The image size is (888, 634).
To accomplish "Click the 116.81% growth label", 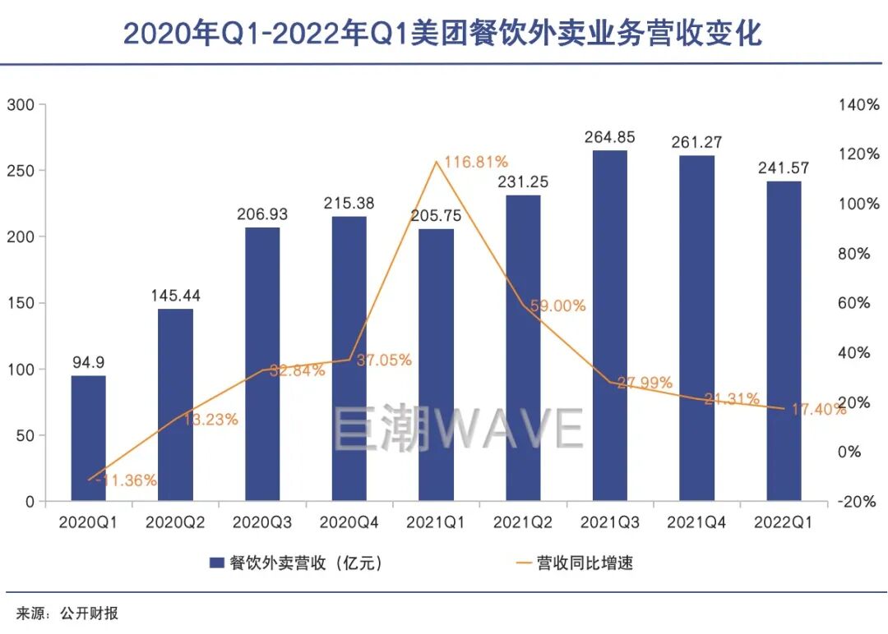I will tap(475, 161).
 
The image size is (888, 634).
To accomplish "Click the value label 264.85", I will tap(609, 136).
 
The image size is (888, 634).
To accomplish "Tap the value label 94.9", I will tap(89, 361).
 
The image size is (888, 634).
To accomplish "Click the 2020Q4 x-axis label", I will tap(349, 522).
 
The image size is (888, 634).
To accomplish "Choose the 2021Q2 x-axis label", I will tap(523, 522).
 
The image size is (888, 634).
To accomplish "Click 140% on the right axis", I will tap(858, 105).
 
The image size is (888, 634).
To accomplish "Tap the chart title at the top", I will tap(442, 33).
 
